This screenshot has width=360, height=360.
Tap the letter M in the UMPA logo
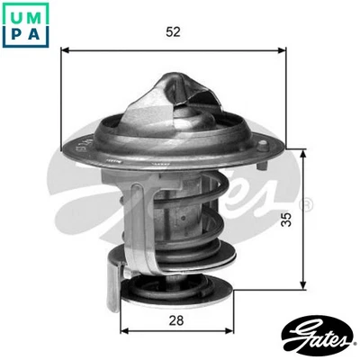[x=34, y=14]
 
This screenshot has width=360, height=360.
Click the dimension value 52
[x=174, y=31]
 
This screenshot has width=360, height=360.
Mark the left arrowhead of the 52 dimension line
[x=65, y=50]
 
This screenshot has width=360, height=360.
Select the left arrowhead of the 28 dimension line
[x=123, y=330]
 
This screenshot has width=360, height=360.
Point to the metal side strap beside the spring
[x=126, y=225]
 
